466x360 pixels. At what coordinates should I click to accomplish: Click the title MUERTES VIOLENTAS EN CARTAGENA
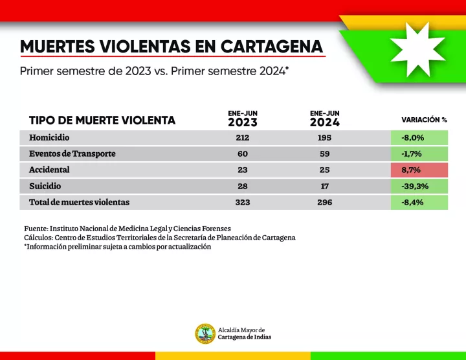pos(172,47)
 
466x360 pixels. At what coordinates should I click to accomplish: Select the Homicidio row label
pos(49,137)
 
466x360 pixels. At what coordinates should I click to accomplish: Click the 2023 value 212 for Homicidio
pos(243,137)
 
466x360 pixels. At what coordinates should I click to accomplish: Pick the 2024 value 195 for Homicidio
pos(324,137)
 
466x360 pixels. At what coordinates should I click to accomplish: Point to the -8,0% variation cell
pos(419,137)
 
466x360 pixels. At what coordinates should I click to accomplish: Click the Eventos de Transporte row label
pos(72,153)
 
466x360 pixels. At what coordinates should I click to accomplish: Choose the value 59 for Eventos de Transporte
pos(324,153)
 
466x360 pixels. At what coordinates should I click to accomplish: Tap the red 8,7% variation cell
pos(419,170)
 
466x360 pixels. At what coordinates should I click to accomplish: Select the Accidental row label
pos(49,170)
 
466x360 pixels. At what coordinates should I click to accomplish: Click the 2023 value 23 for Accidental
pos(243,170)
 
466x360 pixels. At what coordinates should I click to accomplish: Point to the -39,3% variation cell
pos(419,186)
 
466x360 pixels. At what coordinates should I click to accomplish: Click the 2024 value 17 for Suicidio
pos(324,186)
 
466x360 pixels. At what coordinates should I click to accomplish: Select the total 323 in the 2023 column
pos(243,202)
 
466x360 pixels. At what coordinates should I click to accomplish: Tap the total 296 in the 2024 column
pos(324,202)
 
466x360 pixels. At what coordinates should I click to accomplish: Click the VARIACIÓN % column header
pos(424,120)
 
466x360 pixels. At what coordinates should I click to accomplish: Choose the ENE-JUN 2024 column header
pos(324,118)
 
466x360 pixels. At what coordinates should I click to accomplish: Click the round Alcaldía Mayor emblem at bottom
pos(205,333)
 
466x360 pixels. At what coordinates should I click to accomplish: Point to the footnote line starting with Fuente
pos(128,228)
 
